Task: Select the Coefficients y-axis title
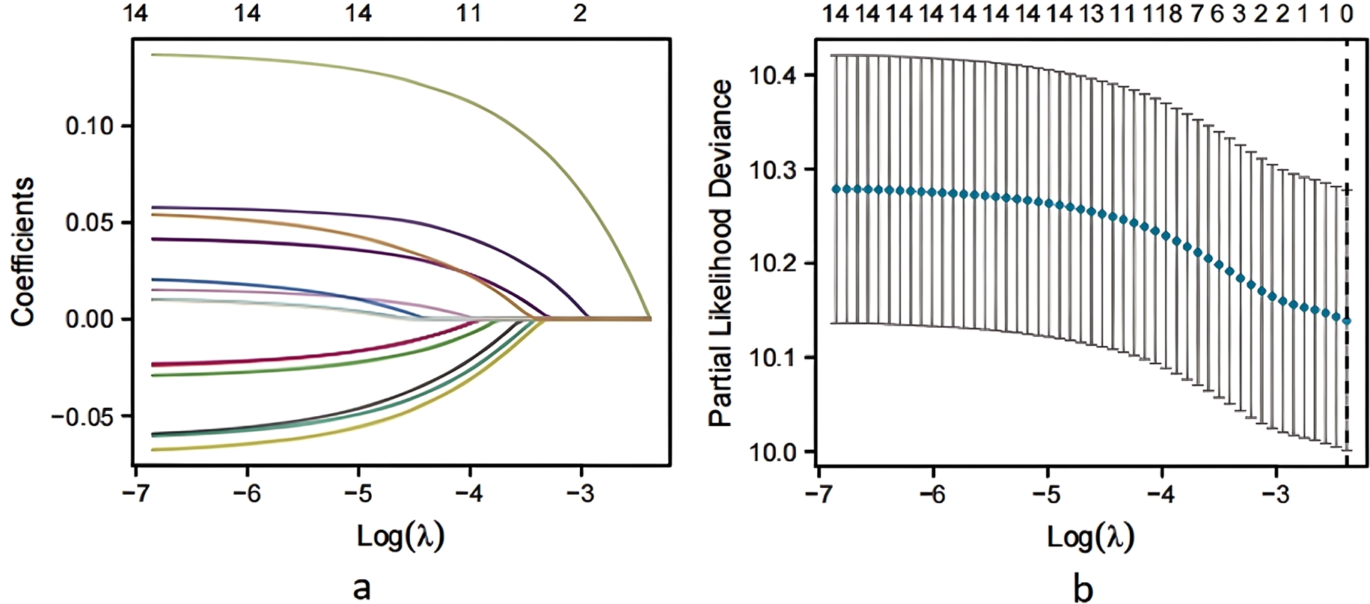(x=23, y=251)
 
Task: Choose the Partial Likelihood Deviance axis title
(x=721, y=253)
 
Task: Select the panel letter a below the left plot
(x=361, y=587)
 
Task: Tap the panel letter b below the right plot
(x=1083, y=587)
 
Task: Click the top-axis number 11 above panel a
(x=469, y=13)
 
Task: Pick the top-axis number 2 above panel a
(x=581, y=13)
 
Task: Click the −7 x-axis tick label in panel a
(x=135, y=495)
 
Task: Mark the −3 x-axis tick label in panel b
(x=1276, y=495)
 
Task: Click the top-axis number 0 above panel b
(x=1347, y=13)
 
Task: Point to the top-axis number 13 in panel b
(x=1092, y=13)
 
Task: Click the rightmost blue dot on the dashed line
(x=1347, y=321)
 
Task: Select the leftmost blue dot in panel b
(x=836, y=189)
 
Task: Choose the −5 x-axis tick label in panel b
(x=1048, y=495)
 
